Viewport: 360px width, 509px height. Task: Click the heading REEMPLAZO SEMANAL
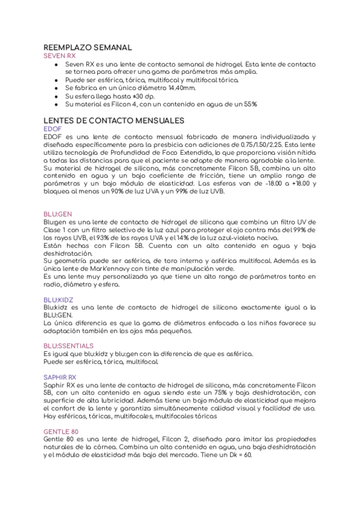[x=88, y=47]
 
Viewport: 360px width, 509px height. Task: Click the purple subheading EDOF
[x=52, y=128]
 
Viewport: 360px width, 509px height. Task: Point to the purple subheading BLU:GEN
[x=58, y=214]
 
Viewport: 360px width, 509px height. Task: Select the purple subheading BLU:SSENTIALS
[x=68, y=346]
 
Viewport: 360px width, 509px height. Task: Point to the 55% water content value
[x=248, y=104]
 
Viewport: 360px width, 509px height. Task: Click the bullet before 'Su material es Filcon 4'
[x=56, y=104]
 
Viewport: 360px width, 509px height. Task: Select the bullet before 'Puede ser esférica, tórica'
[x=56, y=79]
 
